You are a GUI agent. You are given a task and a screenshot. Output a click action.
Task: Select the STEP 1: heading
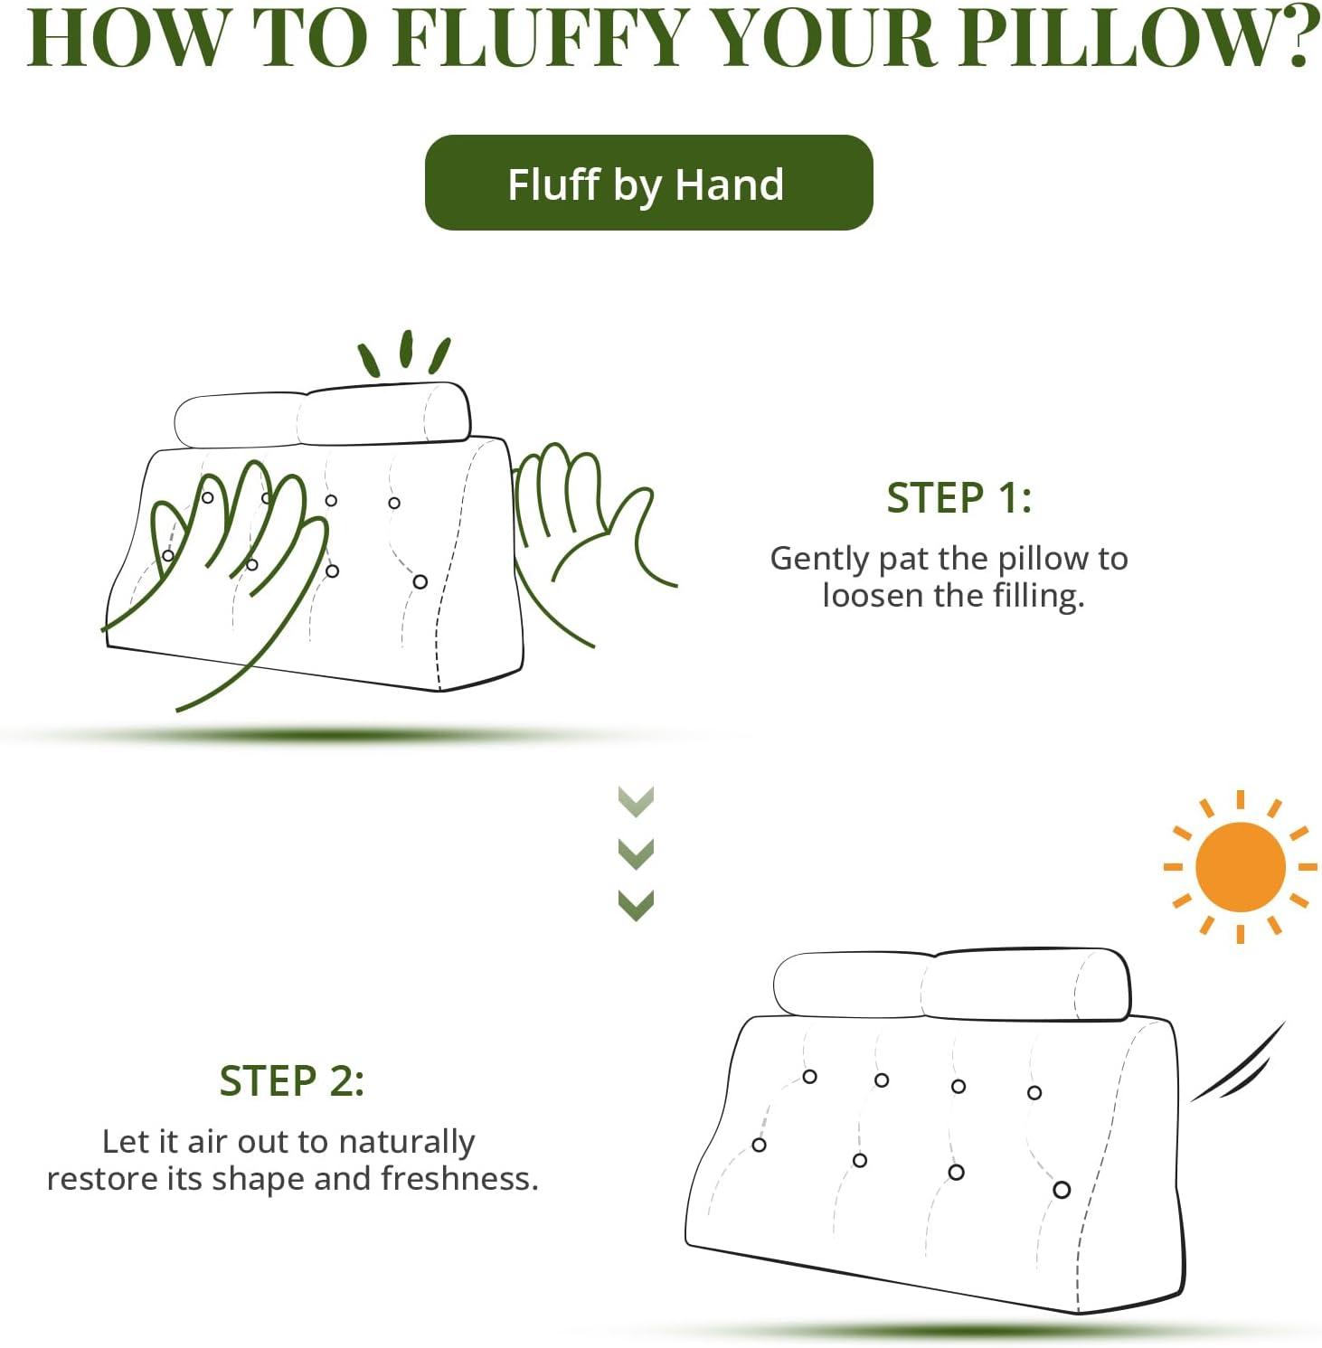[x=958, y=498]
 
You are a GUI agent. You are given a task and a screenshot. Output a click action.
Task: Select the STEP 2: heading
[x=291, y=1081]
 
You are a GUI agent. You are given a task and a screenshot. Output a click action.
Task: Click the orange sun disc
[x=1240, y=867]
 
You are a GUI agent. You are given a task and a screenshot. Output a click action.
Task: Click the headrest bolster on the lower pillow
[x=951, y=985]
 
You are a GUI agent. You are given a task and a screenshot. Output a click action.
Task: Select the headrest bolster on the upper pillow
[x=322, y=416]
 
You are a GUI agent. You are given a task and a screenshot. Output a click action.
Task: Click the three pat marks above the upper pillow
[x=404, y=354]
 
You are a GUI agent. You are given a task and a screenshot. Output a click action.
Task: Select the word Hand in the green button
[x=729, y=184]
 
